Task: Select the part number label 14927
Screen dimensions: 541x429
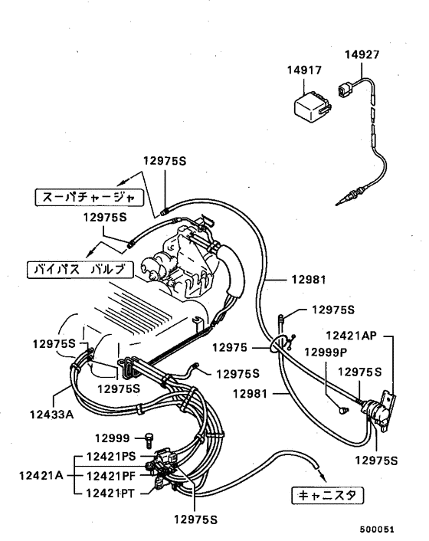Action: click(x=360, y=55)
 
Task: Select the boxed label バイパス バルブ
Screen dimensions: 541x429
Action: click(x=80, y=269)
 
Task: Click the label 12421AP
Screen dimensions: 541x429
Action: click(x=352, y=335)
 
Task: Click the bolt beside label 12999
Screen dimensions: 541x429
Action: click(x=149, y=438)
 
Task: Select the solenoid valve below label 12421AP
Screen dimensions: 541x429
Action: click(x=376, y=411)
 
